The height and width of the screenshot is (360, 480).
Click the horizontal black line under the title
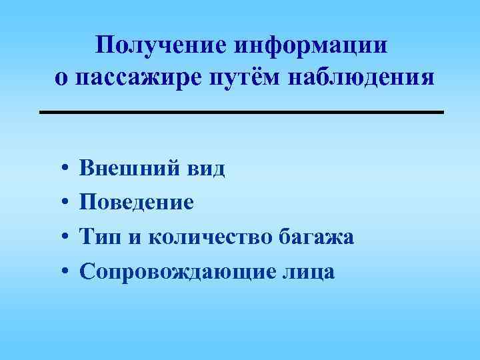tap(241, 112)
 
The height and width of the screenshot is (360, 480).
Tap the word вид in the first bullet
tap(205, 169)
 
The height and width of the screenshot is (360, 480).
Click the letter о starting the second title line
tap(61, 78)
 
